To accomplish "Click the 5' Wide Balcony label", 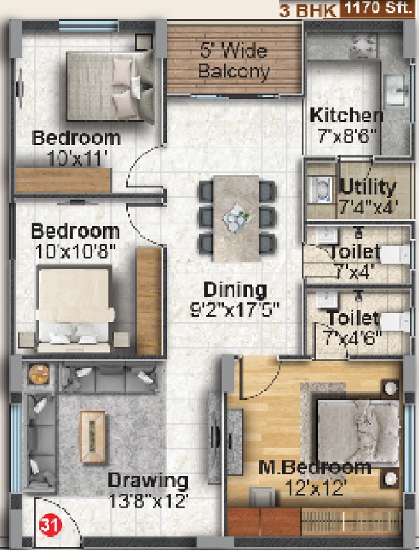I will [234, 62].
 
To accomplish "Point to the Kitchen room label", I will [346, 115].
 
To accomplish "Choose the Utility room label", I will [368, 188].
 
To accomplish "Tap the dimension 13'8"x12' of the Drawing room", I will [148, 501].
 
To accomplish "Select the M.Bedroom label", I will [315, 469].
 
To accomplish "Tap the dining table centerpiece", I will [236, 217].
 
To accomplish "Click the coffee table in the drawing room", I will [92, 436].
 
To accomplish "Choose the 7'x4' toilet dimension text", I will [353, 271].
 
